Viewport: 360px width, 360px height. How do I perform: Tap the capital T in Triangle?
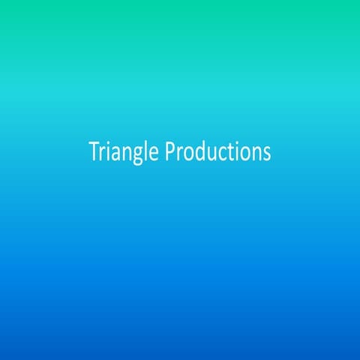(94, 151)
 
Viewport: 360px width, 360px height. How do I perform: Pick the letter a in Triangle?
(115, 153)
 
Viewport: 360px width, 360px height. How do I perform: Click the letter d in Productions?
(197, 151)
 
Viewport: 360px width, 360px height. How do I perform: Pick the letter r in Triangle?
(102, 153)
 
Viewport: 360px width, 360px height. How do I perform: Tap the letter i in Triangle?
(107, 151)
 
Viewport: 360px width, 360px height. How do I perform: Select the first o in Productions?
(187, 153)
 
